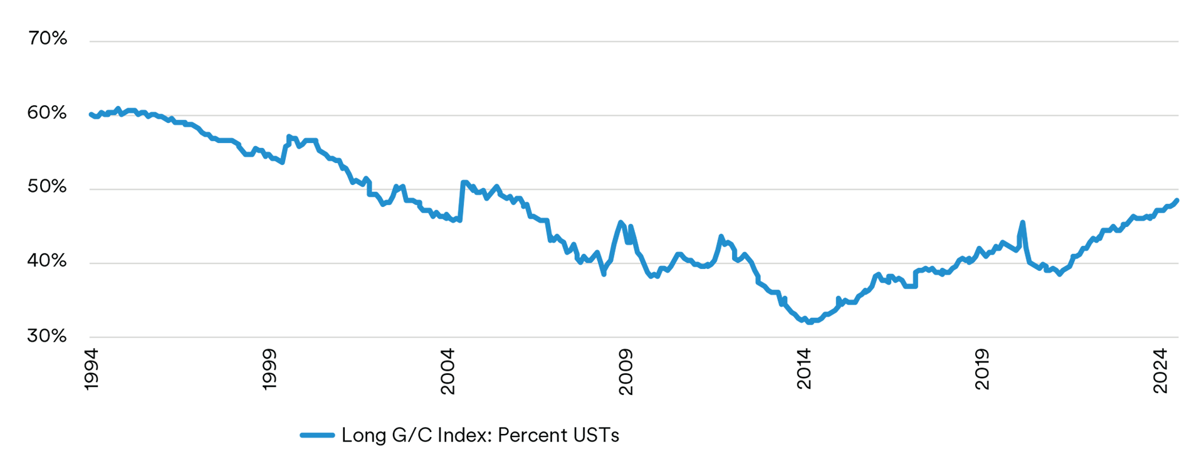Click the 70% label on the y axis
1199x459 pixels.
pos(47,39)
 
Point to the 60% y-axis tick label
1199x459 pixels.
pos(47,113)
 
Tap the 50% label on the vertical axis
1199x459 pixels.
pos(47,187)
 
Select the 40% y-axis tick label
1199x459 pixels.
pos(47,261)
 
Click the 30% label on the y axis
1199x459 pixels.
pos(47,336)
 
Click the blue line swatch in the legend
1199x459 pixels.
pos(317,435)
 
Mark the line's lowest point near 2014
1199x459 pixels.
pos(810,322)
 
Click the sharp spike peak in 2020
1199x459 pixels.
pos(1022,222)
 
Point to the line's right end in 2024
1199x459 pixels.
pos(1177,200)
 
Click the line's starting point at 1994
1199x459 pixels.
pos(91,114)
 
